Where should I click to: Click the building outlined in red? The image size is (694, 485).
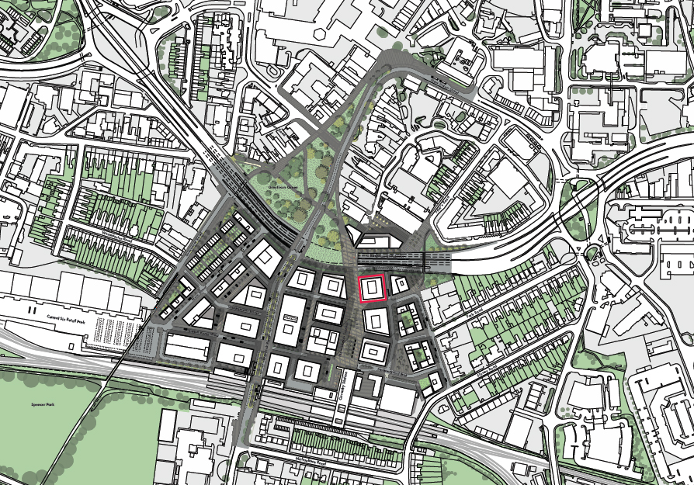click(x=372, y=288)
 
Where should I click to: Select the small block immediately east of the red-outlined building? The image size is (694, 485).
click(x=399, y=285)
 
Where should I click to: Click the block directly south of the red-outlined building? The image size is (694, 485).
click(x=376, y=320)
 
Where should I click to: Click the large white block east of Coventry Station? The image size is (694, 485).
click(x=397, y=399)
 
